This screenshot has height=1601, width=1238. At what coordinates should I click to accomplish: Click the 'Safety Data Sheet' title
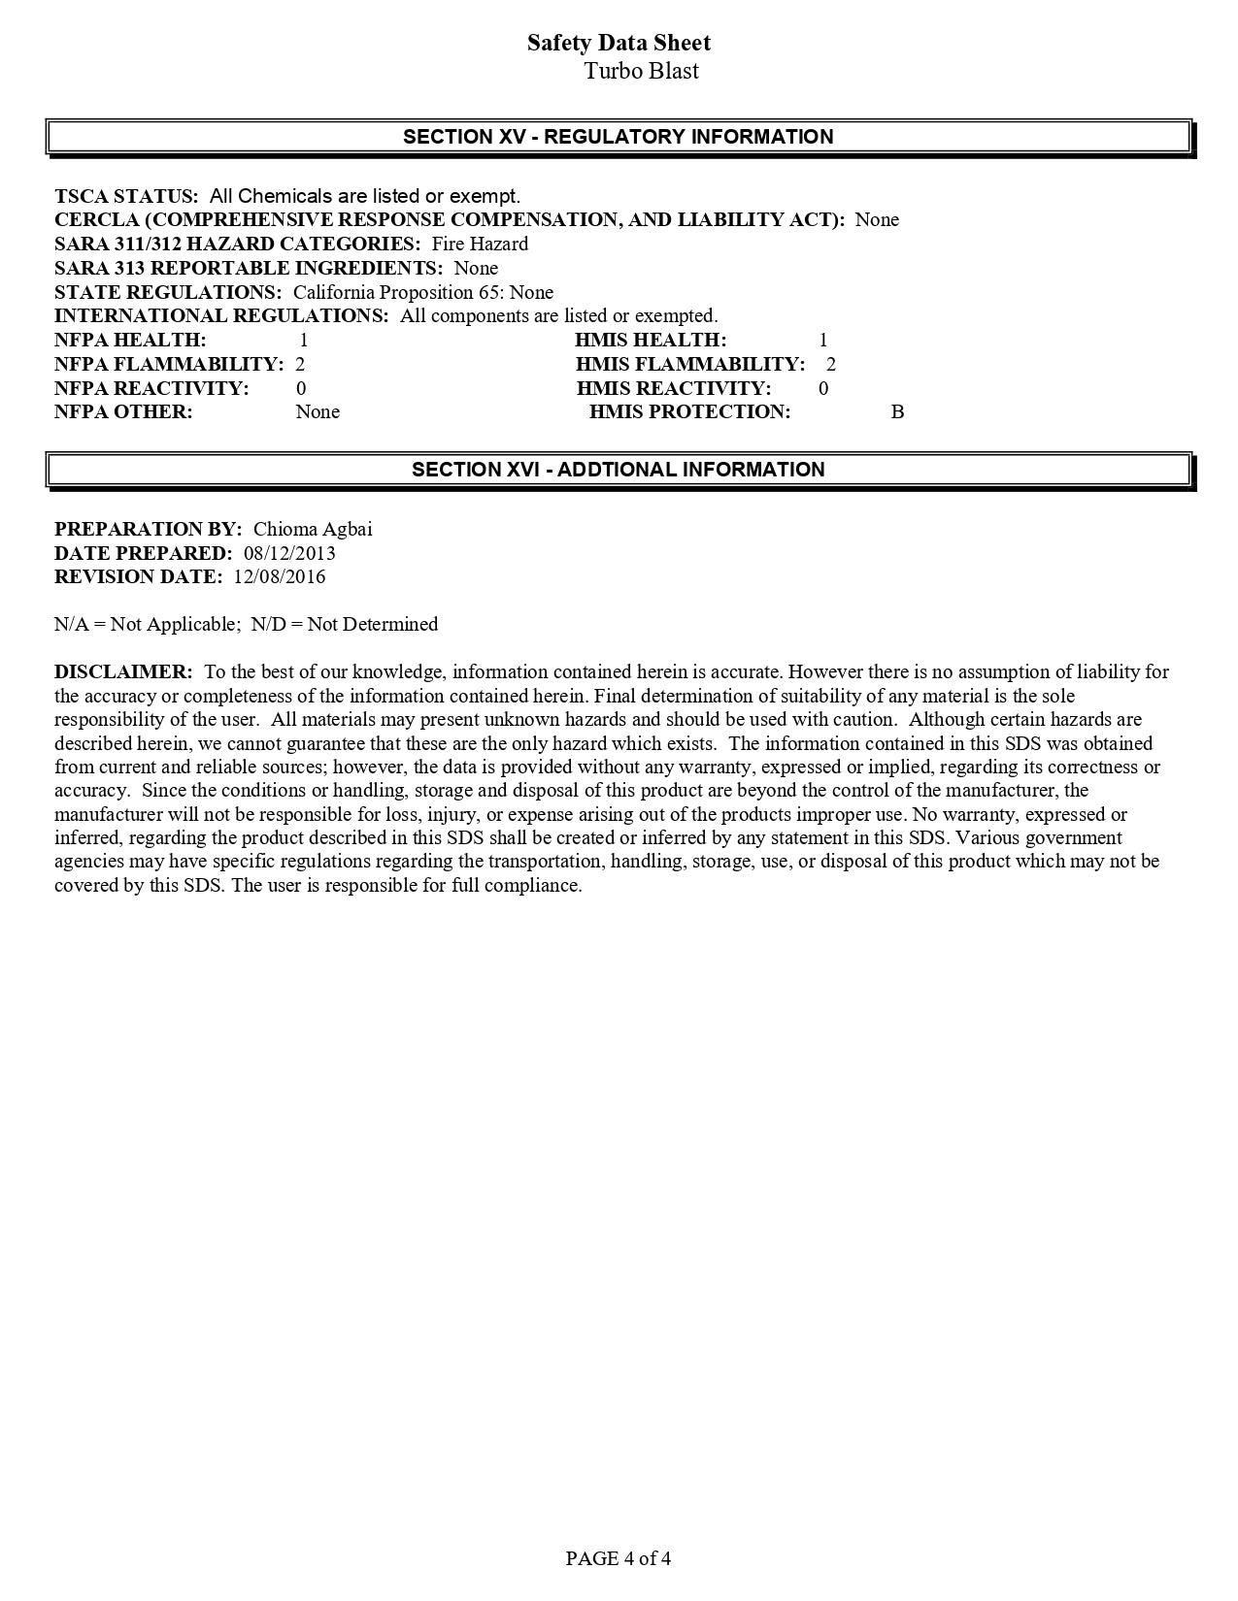pyautogui.click(x=619, y=43)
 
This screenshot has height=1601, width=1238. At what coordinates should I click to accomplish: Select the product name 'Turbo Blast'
pyautogui.click(x=641, y=71)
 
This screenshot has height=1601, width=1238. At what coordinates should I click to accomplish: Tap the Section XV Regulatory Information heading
pyautogui.click(x=619, y=137)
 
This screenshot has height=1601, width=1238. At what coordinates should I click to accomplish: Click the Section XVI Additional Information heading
pyautogui.click(x=619, y=470)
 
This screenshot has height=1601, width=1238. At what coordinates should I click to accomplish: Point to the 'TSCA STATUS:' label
pyautogui.click(x=126, y=196)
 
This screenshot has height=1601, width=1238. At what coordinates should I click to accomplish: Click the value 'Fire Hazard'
pyautogui.click(x=480, y=244)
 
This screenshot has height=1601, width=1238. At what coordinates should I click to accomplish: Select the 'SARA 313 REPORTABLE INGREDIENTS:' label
pyautogui.click(x=249, y=268)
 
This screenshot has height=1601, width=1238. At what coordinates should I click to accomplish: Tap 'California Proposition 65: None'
pyautogui.click(x=423, y=292)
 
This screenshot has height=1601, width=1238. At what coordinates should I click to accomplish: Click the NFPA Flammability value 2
pyautogui.click(x=300, y=364)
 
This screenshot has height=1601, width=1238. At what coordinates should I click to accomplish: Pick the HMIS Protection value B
pyautogui.click(x=897, y=411)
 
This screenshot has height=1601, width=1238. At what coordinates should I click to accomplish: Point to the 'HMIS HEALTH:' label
pyautogui.click(x=651, y=340)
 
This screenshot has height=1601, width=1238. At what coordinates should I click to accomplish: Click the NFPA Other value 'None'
pyautogui.click(x=318, y=411)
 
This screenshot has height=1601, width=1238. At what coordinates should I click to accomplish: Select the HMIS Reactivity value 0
pyautogui.click(x=823, y=388)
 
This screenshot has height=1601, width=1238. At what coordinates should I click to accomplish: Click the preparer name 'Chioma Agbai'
pyautogui.click(x=313, y=529)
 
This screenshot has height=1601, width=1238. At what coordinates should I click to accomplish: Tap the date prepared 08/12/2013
pyautogui.click(x=289, y=553)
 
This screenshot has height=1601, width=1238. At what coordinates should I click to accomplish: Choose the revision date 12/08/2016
pyautogui.click(x=280, y=576)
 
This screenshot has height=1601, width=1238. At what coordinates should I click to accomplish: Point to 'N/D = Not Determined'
pyautogui.click(x=345, y=624)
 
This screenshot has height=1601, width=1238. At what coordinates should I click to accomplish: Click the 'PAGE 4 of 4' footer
pyautogui.click(x=619, y=1558)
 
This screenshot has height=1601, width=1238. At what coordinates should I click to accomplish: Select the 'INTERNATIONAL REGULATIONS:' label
pyautogui.click(x=221, y=315)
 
